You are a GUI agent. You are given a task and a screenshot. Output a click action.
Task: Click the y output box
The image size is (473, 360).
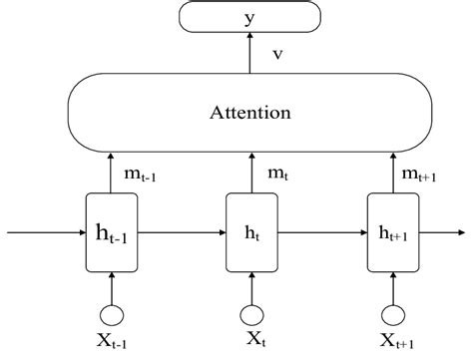(248, 17)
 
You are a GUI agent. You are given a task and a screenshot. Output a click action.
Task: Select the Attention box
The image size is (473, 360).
(249, 113)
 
